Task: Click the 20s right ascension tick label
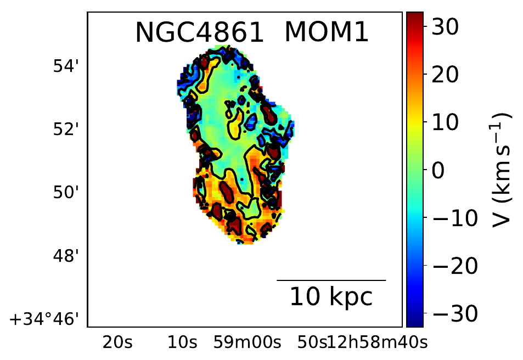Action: [117, 343]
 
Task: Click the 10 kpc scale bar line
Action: [331, 280]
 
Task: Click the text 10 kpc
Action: [331, 297]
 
